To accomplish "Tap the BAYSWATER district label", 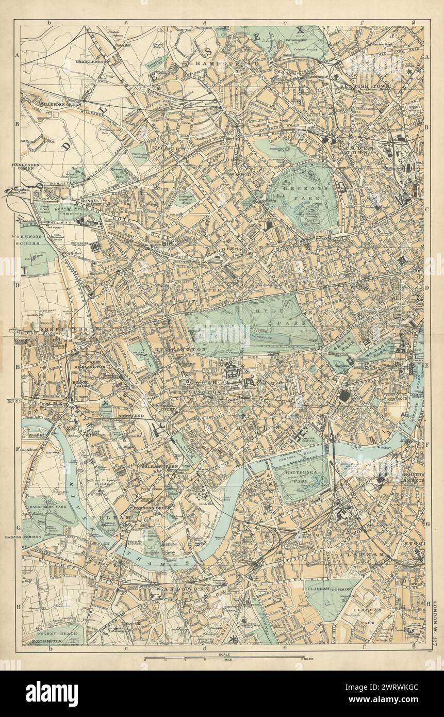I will pos(207,290).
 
